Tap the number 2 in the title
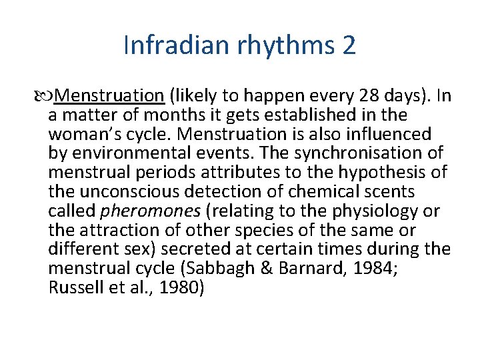pyautogui.click(x=348, y=46)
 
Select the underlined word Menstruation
pyautogui.click(x=110, y=96)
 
